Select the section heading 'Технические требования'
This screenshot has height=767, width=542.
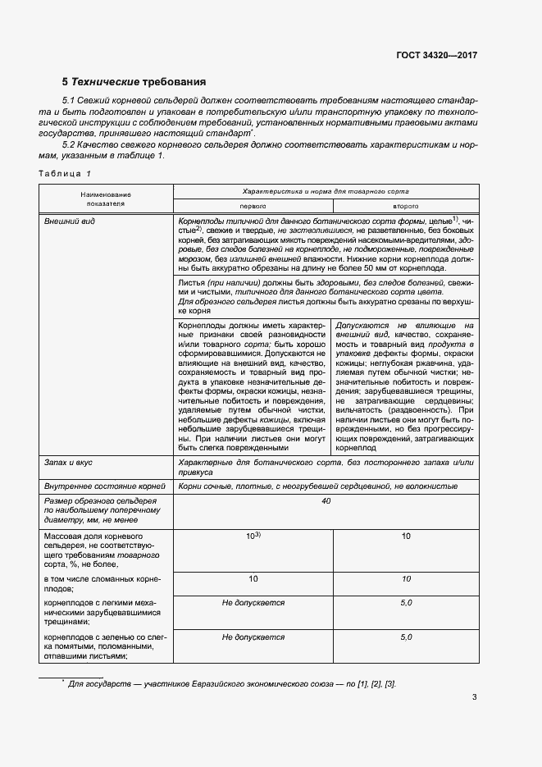coord(134,82)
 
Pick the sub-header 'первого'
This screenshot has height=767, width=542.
coord(253,207)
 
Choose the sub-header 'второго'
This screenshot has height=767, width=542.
coord(406,207)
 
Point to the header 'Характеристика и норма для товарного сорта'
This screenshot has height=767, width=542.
coord(328,190)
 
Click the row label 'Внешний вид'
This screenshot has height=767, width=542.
coord(67,222)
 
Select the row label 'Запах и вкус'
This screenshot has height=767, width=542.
coord(68,463)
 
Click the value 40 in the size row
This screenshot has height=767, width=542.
coord(326,500)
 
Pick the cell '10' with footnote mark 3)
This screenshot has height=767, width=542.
coord(253,536)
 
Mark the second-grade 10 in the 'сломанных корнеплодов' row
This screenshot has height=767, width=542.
coord(406,579)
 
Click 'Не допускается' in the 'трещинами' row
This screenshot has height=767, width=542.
coord(253,602)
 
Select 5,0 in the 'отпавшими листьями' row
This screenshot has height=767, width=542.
coord(406,637)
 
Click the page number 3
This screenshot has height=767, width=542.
coord(475,698)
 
